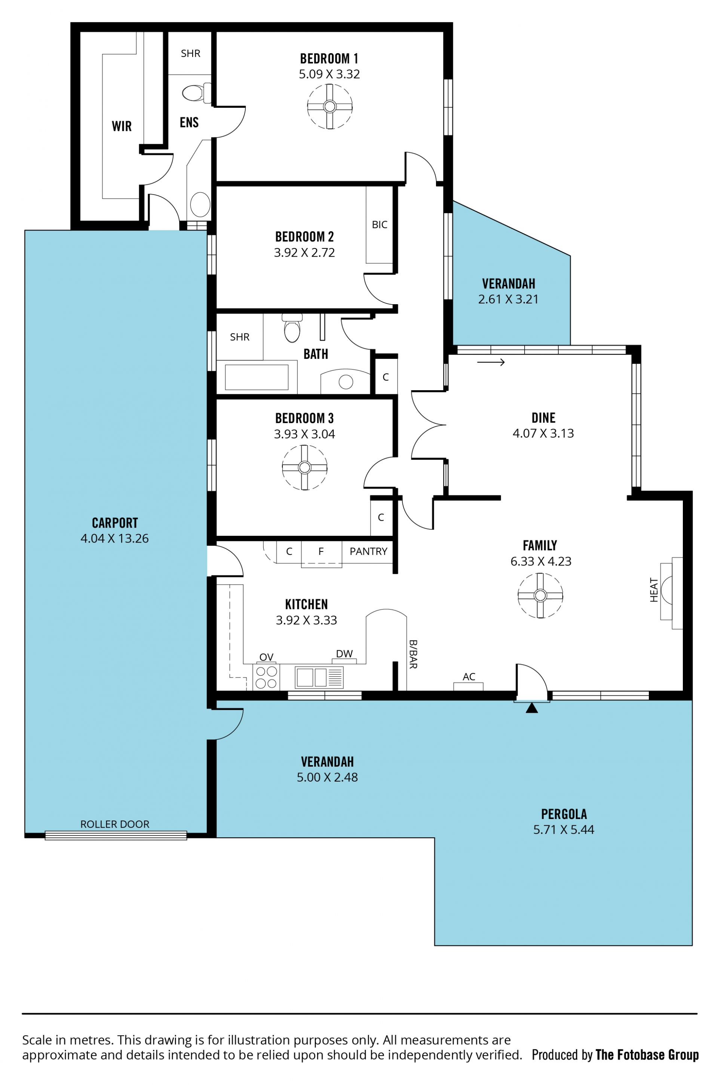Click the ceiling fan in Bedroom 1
click(330, 107)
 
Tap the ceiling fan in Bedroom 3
click(304, 468)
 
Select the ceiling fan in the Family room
click(540, 595)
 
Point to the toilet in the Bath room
click(292, 328)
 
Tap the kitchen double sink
click(319, 678)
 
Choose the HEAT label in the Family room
click(654, 590)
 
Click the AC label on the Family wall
click(469, 676)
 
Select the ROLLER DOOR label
click(115, 824)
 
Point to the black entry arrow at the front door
click(532, 708)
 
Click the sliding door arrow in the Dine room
click(491, 362)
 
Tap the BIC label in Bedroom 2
click(380, 224)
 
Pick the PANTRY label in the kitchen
click(369, 551)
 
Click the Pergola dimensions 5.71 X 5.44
click(564, 829)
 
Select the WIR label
click(122, 126)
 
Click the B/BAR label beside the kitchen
click(413, 654)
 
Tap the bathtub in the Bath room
click(257, 377)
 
